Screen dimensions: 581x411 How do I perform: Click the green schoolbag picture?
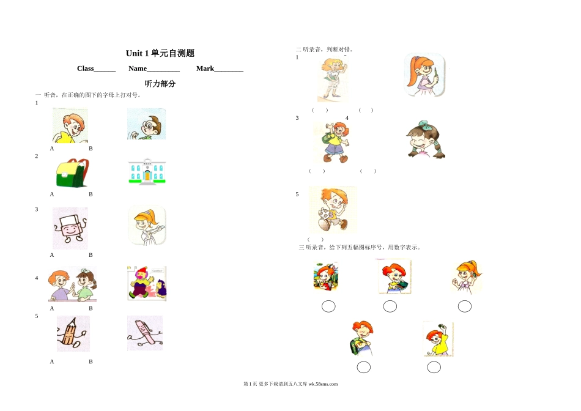click(72, 173)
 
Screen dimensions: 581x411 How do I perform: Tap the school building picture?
click(147, 171)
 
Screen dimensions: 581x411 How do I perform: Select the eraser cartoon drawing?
click(70, 228)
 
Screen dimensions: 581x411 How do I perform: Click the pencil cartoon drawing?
click(73, 333)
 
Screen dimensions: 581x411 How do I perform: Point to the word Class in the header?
click(85, 68)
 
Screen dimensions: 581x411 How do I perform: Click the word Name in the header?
click(138, 68)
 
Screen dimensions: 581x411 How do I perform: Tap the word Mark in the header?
click(205, 68)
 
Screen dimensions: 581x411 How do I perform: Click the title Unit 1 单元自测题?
click(160, 53)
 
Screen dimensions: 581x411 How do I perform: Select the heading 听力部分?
click(160, 84)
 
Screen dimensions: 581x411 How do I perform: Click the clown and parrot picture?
click(147, 283)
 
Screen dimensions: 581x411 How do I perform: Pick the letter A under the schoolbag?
click(52, 194)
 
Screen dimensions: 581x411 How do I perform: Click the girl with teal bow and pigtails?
click(426, 139)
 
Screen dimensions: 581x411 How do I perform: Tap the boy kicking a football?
click(333, 210)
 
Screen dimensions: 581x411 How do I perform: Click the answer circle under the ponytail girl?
click(465, 306)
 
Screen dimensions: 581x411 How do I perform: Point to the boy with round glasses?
click(146, 124)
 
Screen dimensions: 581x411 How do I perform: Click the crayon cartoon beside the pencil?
click(145, 333)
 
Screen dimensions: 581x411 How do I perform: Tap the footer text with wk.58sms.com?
click(290, 384)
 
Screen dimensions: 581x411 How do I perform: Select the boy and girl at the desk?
click(72, 284)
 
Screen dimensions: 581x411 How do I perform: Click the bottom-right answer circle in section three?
click(434, 367)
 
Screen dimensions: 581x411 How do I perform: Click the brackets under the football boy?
click(316, 239)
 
